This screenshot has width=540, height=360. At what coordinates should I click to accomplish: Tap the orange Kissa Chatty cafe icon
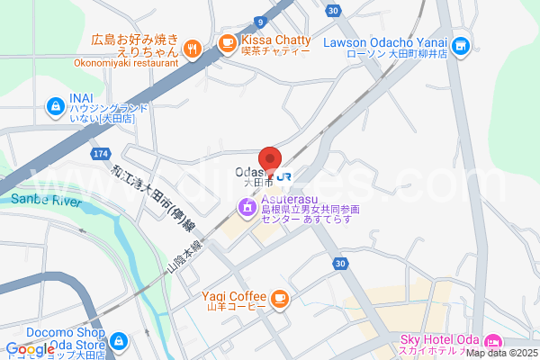coord(227,41)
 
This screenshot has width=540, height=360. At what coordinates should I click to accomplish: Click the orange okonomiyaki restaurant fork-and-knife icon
coord(192,49)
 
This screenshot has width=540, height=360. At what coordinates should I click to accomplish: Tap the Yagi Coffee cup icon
coord(280,297)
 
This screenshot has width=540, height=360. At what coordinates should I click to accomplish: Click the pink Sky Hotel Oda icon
coord(492,341)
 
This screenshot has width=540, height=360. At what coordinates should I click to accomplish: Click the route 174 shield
coord(100,155)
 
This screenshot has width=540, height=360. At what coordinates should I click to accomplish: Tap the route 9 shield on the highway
coord(261,21)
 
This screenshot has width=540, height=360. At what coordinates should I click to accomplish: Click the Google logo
coord(29,349)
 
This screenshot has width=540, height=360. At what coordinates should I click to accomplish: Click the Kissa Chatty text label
coord(275,40)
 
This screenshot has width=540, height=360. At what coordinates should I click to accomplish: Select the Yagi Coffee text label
coord(233,296)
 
